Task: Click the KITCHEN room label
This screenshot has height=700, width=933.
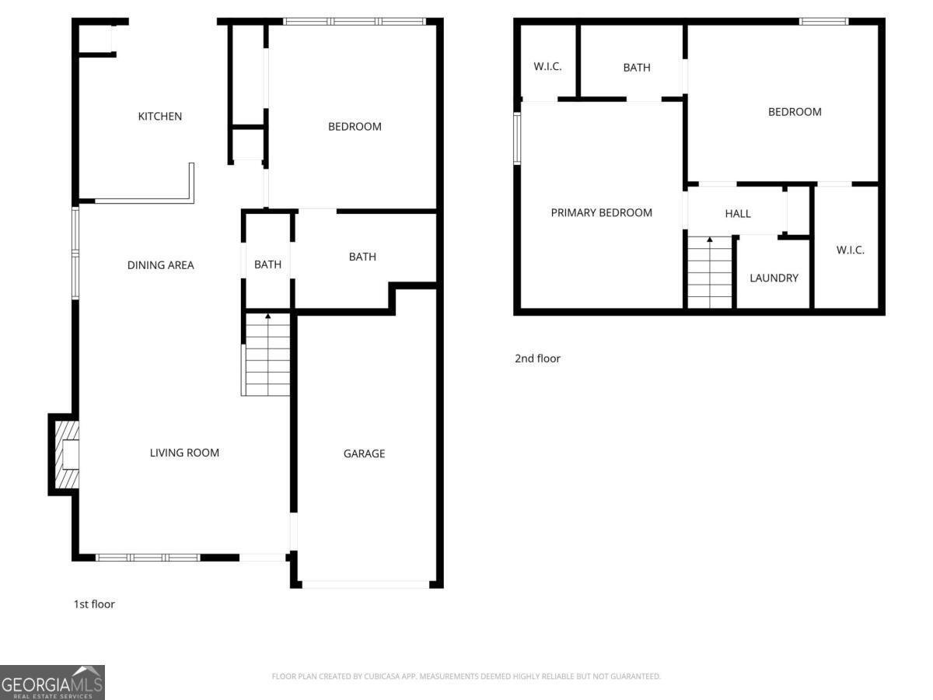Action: (x=159, y=117)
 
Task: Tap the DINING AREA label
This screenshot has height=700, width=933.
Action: (x=160, y=265)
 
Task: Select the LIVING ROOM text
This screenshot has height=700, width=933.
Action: (x=184, y=453)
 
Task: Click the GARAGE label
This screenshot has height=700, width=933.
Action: (x=364, y=453)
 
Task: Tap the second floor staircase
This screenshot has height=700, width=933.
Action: (x=710, y=272)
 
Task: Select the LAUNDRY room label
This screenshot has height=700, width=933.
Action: (x=774, y=278)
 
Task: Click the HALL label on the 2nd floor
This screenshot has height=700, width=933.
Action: (x=737, y=213)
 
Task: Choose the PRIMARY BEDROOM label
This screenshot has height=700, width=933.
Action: (x=601, y=212)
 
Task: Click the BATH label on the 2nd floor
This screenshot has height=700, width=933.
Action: (x=636, y=68)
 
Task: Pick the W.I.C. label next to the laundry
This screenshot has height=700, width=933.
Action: (x=850, y=250)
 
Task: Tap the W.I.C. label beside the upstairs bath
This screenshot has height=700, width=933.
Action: (x=547, y=67)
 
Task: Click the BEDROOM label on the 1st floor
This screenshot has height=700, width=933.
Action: (x=355, y=126)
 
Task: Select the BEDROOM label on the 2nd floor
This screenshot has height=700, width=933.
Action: (x=795, y=112)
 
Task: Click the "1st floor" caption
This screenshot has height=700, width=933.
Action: (x=94, y=604)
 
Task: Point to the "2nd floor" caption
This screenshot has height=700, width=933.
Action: (x=537, y=359)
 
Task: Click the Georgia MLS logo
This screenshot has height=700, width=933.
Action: (x=52, y=682)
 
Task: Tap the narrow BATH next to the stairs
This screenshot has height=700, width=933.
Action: (x=267, y=264)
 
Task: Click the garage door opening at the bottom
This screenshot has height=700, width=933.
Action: (x=364, y=584)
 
